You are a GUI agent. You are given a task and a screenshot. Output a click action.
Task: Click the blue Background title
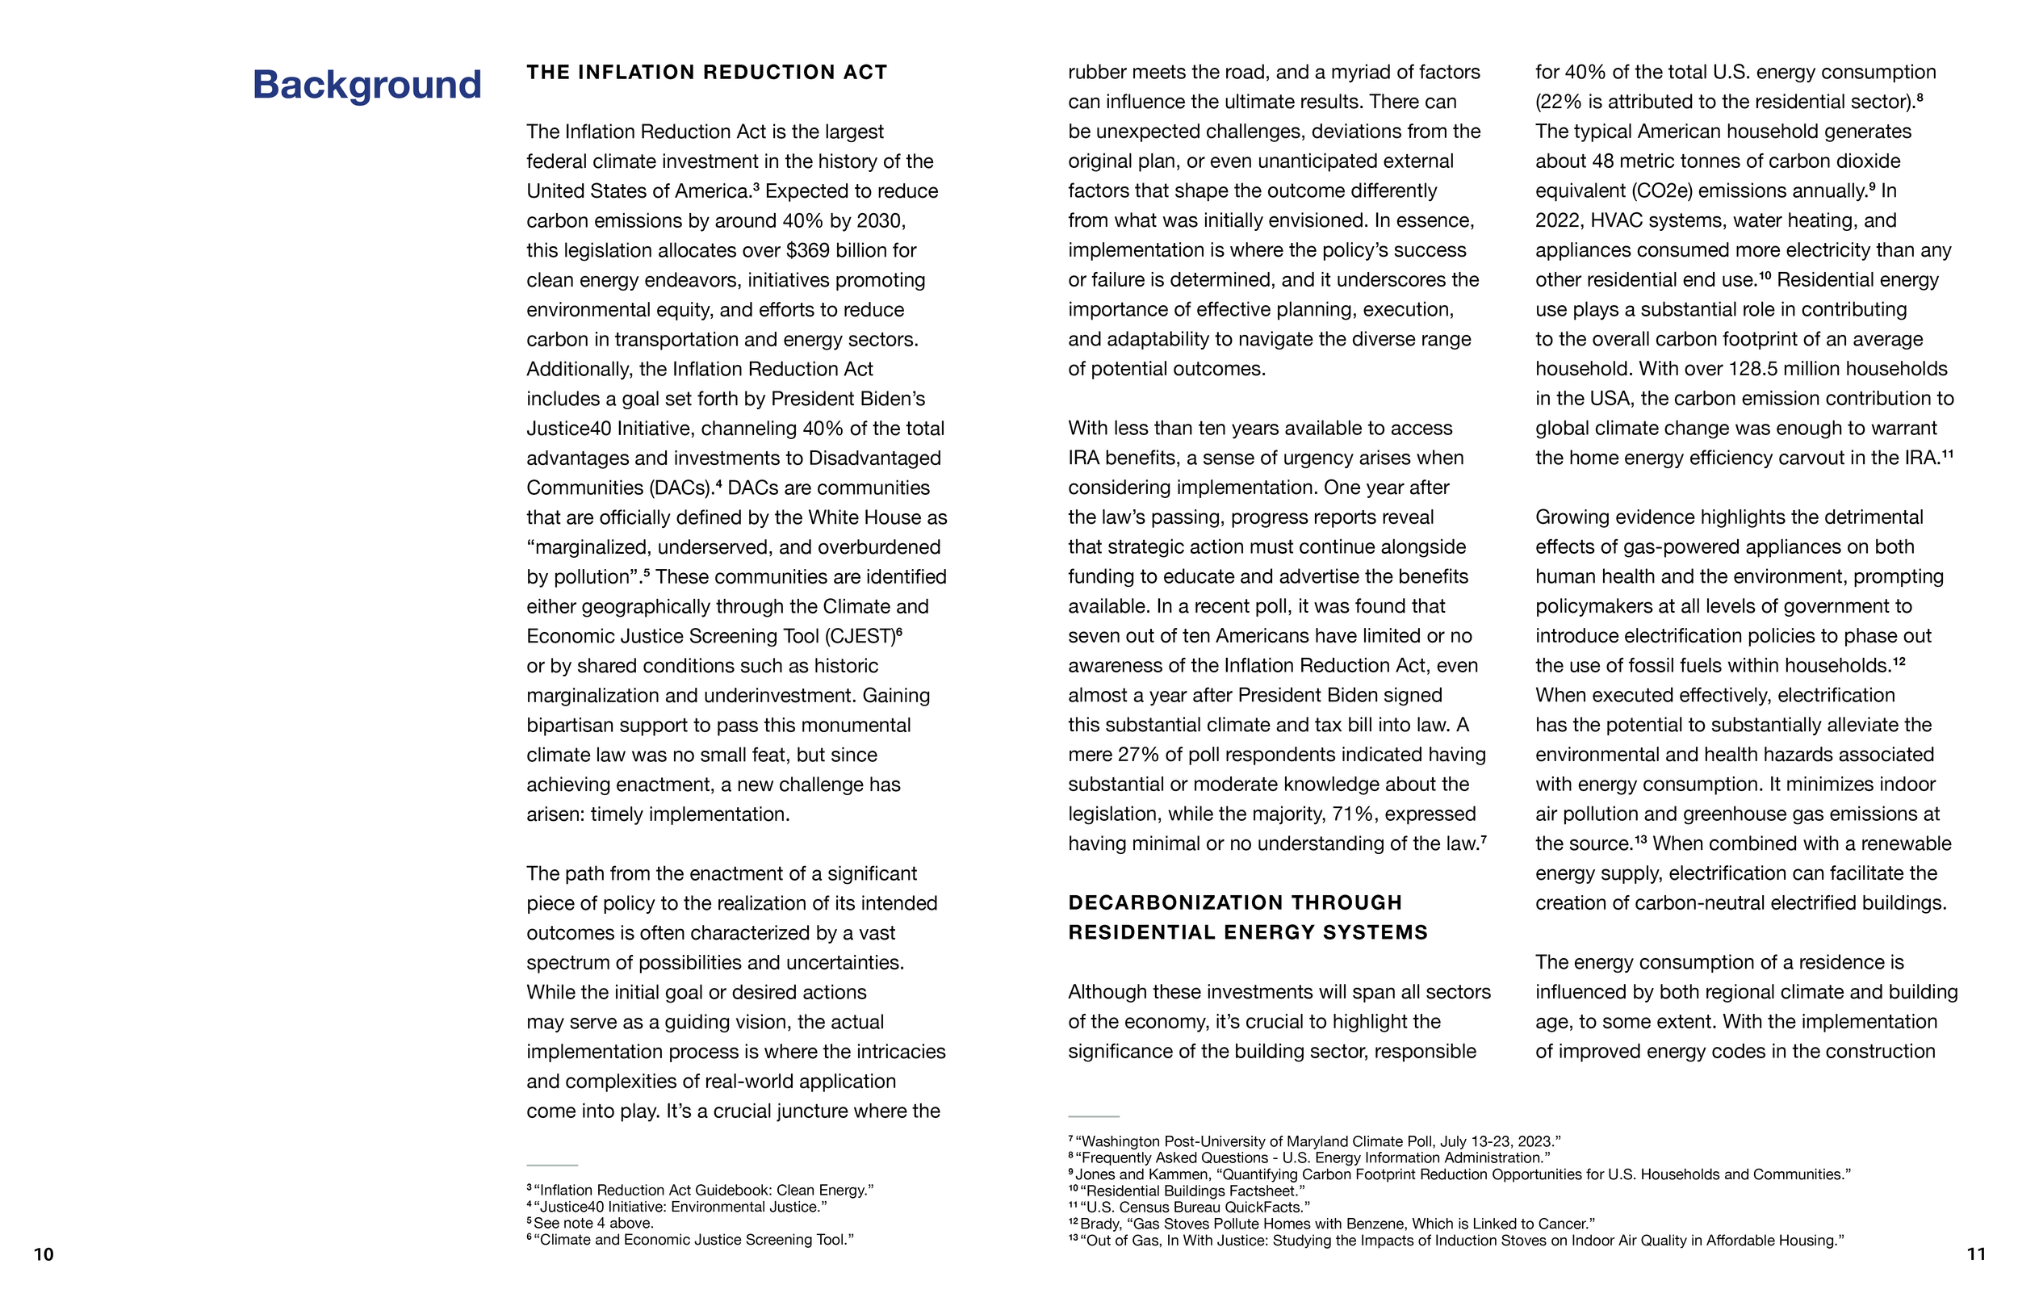click(x=366, y=85)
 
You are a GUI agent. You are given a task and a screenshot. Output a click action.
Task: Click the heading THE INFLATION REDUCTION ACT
click(x=706, y=72)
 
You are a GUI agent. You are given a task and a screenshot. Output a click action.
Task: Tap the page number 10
click(x=44, y=1254)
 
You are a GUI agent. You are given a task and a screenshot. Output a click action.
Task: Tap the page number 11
click(x=1975, y=1254)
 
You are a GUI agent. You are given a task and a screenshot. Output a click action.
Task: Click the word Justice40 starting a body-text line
click(x=567, y=429)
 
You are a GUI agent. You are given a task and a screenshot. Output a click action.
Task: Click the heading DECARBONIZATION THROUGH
click(x=1234, y=902)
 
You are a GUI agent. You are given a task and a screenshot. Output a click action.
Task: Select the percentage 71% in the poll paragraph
click(x=1353, y=814)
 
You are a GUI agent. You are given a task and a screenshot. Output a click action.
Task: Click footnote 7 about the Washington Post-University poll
click(x=1314, y=1141)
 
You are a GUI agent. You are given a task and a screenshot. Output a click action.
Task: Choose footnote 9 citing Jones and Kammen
click(x=1459, y=1174)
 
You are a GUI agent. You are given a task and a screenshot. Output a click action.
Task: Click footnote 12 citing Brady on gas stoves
click(x=1331, y=1224)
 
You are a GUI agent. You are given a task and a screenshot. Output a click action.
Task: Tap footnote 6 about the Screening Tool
click(x=690, y=1240)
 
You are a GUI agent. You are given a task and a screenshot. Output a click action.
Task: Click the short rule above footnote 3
click(x=552, y=1166)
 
